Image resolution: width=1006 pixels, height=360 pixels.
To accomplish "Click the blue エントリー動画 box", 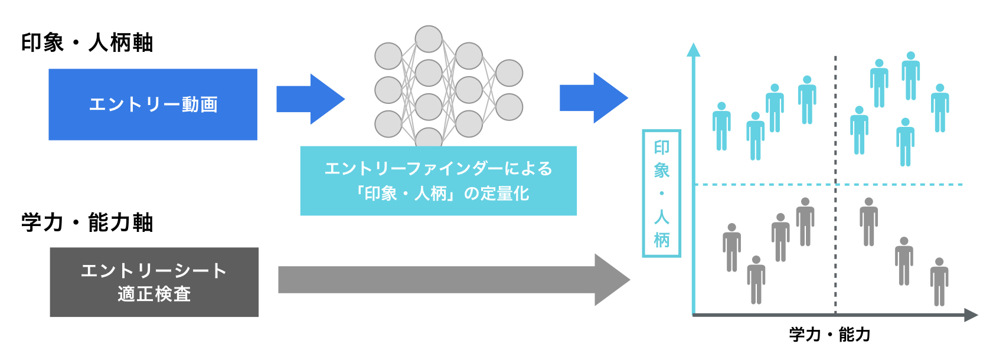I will (x=152, y=104).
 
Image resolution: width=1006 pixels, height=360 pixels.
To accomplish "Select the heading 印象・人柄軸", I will (x=87, y=42).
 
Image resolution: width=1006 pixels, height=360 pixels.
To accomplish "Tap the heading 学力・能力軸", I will (x=87, y=222).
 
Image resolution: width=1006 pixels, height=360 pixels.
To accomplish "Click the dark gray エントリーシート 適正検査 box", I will (x=153, y=282).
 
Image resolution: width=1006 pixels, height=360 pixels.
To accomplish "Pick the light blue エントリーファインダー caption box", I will (x=438, y=181).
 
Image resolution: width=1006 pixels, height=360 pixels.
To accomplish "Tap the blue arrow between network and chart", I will (x=593, y=98).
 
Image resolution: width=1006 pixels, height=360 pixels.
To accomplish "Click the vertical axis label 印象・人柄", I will (x=661, y=194).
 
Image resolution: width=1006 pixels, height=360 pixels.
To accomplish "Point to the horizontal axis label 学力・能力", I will (x=829, y=335).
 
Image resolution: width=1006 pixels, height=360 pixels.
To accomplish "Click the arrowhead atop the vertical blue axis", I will (x=694, y=50).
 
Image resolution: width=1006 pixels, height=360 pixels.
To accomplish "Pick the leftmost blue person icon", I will (x=721, y=126).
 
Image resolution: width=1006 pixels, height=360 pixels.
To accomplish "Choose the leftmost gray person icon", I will (x=732, y=248).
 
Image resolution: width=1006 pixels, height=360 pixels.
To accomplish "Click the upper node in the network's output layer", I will (x=509, y=73).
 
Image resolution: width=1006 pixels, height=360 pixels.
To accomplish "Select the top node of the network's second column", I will (x=429, y=40).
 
